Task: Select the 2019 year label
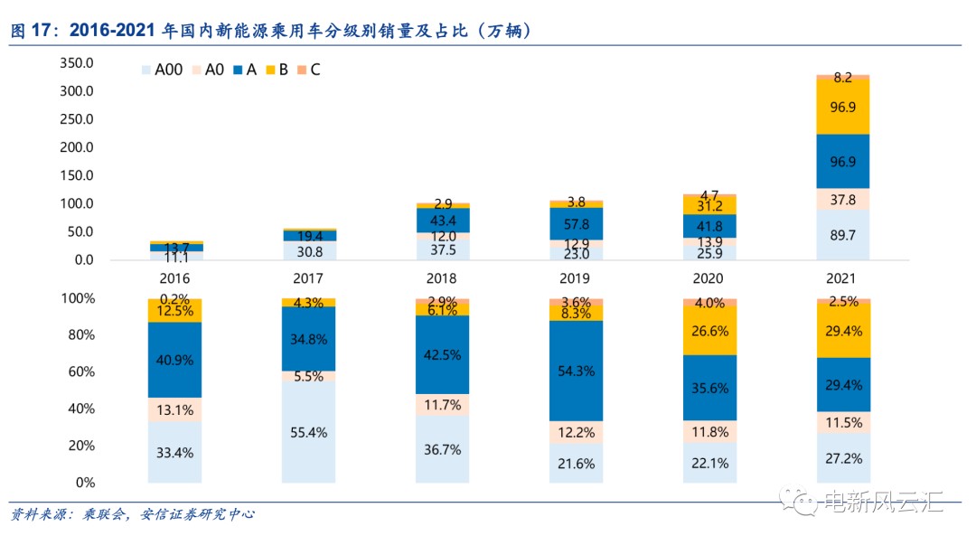click(574, 279)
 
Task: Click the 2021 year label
click(840, 279)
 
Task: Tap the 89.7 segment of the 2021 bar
click(842, 235)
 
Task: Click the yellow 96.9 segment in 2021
click(842, 107)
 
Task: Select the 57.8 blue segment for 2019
click(575, 223)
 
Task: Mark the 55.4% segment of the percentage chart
click(307, 432)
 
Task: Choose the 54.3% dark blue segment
click(575, 371)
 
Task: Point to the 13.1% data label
click(174, 409)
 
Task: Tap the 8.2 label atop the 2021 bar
click(842, 77)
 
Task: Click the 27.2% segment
click(842, 458)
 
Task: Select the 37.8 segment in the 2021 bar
click(842, 200)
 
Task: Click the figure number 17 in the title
click(42, 31)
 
